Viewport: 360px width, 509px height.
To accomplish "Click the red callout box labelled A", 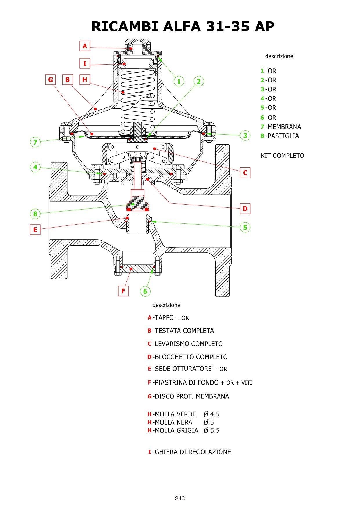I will [85, 46].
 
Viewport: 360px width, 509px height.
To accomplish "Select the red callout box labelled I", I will [85, 63].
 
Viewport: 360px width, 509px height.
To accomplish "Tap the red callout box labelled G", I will [50, 80].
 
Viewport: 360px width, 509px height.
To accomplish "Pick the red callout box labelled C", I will [245, 173].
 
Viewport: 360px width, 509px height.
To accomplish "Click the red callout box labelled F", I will [123, 291].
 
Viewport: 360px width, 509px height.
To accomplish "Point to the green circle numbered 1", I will [179, 81].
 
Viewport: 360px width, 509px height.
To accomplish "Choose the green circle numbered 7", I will [35, 142].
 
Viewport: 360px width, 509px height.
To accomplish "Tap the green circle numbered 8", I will [35, 214].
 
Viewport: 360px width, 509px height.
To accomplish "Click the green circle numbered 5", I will [245, 227].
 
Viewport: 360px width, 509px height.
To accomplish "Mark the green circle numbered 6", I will [145, 291].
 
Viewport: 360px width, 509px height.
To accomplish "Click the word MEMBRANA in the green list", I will [284, 127].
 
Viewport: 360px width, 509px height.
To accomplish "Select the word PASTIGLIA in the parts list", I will [283, 136].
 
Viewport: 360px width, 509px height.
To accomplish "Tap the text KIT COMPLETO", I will [282, 156].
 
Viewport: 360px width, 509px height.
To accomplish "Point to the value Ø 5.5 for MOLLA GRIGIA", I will [211, 430].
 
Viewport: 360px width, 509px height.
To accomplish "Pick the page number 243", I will [180, 498].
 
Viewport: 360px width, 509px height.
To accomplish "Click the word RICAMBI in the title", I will [125, 26].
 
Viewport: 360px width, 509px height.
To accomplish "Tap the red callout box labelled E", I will [35, 230].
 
